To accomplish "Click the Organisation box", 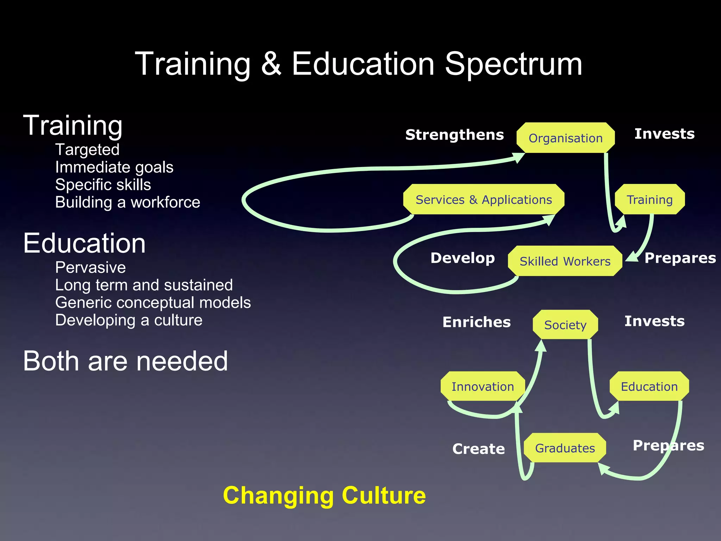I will coord(565,138).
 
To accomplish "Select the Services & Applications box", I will coord(484,199).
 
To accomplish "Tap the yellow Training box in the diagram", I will coord(650,199).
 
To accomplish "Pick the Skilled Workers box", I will coord(565,261).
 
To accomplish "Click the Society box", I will coord(565,325).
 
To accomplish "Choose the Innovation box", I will coord(483,386).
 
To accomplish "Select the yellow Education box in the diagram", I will coord(649,386).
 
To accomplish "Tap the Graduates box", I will coord(565,448).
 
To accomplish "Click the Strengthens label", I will coord(454,135).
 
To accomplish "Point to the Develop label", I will coord(463,258).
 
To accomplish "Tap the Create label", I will coord(478,449).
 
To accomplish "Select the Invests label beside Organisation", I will coord(664,134).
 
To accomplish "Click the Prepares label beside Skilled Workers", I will coord(680,258).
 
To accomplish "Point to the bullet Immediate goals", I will coord(114,167).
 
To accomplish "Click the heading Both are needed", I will coord(125,361).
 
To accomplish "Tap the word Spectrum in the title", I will coord(514,64).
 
